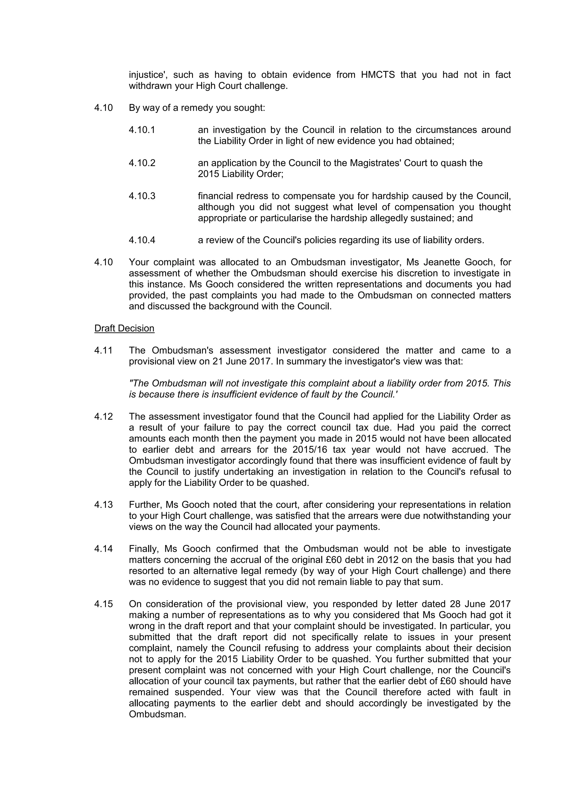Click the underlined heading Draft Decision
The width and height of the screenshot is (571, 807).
[124, 328]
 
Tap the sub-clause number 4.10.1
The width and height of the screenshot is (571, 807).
[142, 130]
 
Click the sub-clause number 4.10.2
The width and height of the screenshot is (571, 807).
[142, 163]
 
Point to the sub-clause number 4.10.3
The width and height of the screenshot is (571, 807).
[142, 196]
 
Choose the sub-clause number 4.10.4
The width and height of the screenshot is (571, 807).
[142, 240]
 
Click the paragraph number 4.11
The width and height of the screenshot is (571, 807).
[103, 351]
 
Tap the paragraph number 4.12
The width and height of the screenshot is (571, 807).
[103, 417]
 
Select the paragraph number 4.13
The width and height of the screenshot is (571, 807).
[103, 505]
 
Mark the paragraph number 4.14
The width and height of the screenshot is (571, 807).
[103, 549]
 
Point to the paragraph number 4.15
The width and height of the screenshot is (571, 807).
[103, 604]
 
